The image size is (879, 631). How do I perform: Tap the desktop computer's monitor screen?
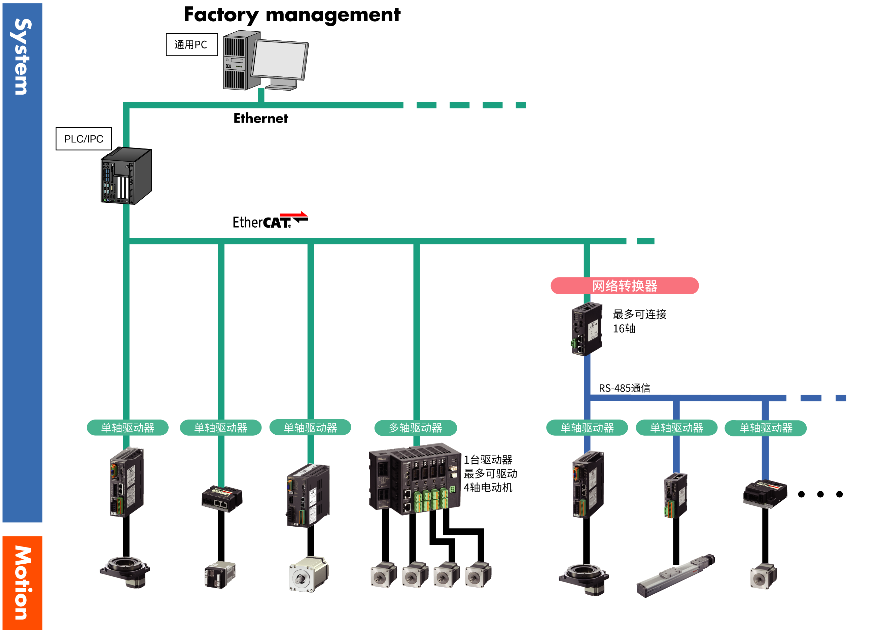pos(279,59)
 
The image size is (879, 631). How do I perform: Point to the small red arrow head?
pos(303,214)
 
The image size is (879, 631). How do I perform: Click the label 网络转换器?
pos(624,286)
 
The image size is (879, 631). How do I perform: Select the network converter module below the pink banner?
pos(586,329)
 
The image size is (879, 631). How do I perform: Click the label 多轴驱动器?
pos(415,428)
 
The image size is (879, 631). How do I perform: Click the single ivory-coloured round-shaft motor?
pos(307,575)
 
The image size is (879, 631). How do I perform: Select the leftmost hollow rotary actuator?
pos(125,573)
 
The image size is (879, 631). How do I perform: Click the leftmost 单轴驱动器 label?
pos(128,428)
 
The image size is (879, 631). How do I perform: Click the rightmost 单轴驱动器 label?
pos(766,428)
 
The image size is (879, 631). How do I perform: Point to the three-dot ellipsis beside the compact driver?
pos(820,494)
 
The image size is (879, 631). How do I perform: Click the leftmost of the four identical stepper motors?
pos(383,576)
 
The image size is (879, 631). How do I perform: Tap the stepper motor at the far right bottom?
pos(762,577)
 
